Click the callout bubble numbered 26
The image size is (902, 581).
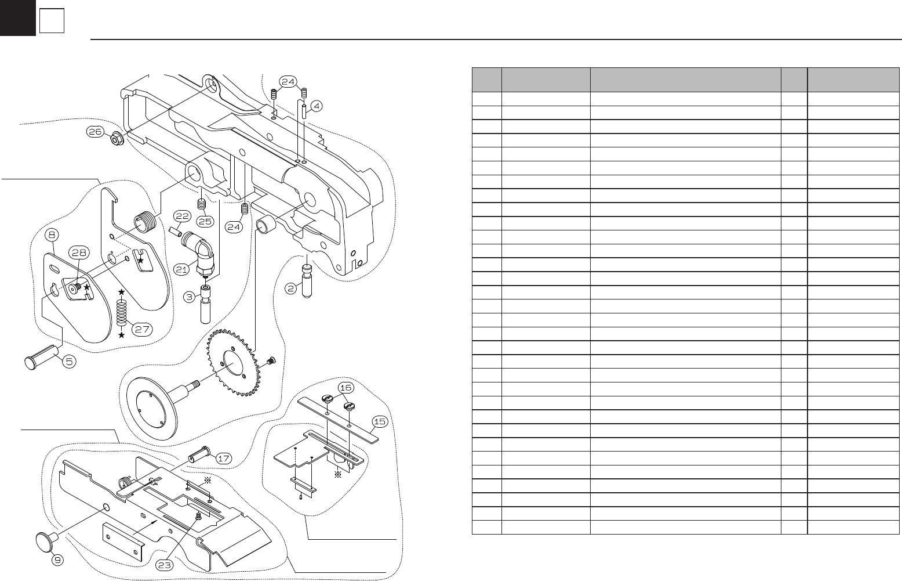(96, 132)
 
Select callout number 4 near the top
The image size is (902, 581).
(317, 106)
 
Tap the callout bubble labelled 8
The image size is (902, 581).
(52, 235)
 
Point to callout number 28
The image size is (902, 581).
(79, 252)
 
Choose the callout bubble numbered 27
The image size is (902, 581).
(143, 329)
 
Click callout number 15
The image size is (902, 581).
(380, 421)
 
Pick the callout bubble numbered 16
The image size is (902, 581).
(346, 387)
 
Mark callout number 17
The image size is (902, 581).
(224, 458)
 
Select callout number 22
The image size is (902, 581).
(182, 216)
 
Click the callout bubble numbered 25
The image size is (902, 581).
(204, 221)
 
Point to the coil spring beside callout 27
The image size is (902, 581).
(122, 313)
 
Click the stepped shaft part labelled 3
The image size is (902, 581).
(205, 302)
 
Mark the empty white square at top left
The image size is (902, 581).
(52, 21)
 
